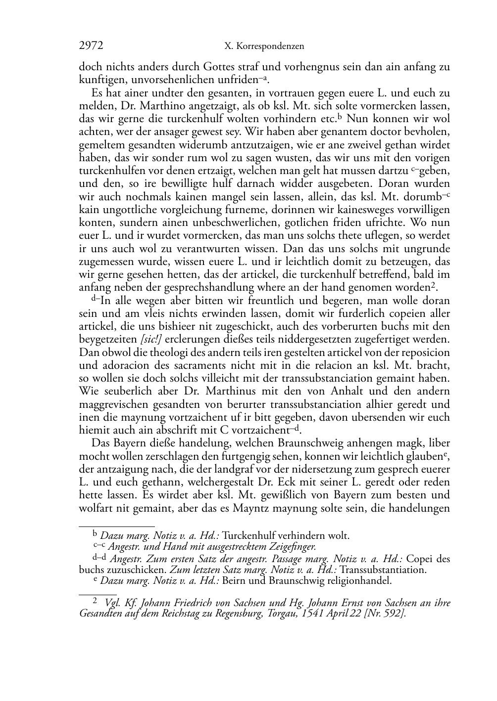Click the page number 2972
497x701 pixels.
point(91,46)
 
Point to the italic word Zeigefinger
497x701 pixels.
point(291,547)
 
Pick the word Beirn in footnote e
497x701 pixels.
point(233,580)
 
